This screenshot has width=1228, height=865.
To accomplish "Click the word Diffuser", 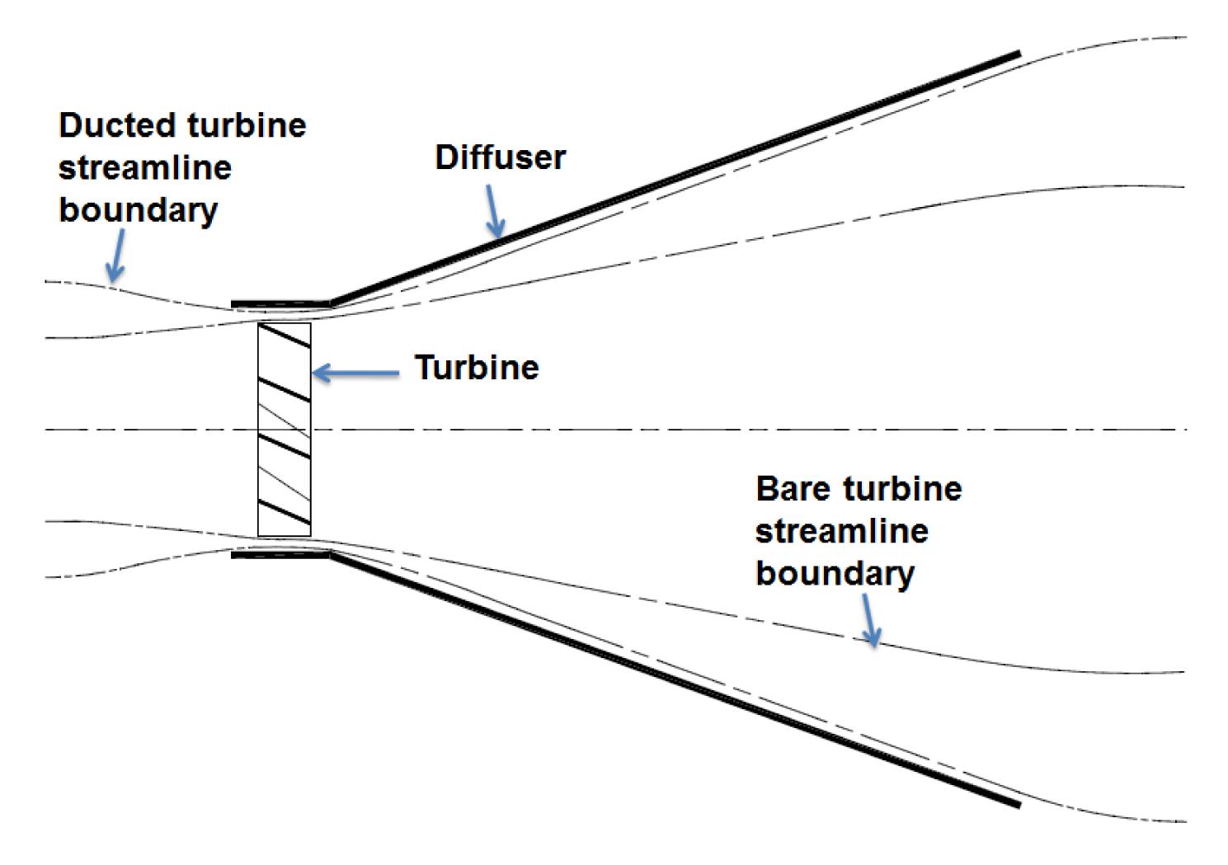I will pyautogui.click(x=500, y=157).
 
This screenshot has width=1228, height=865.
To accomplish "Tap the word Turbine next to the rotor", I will pyautogui.click(x=476, y=368).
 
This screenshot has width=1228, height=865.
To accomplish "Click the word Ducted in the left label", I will pyautogui.click(x=118, y=125).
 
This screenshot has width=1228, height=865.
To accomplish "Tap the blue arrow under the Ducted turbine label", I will pyautogui.click(x=116, y=256).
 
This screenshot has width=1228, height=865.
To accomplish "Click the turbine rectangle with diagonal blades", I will pyautogui.click(x=285, y=429).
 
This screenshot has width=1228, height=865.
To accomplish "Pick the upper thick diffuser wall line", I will pyautogui.click(x=676, y=178).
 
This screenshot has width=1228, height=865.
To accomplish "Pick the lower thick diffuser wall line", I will pyautogui.click(x=676, y=680).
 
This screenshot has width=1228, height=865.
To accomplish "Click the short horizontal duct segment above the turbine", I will pyautogui.click(x=280, y=304).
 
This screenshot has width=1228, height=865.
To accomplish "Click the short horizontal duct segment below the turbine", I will pyautogui.click(x=280, y=555).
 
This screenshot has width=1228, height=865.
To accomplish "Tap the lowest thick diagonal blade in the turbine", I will pyautogui.click(x=285, y=512).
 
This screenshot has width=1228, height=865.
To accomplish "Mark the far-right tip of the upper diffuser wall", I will pyautogui.click(x=1018, y=54).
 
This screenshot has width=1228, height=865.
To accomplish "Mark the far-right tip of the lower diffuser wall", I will pyautogui.click(x=1018, y=804).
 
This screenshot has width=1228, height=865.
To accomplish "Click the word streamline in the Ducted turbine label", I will pyautogui.click(x=145, y=168).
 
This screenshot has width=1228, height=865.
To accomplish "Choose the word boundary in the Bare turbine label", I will pyautogui.click(x=835, y=573).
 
